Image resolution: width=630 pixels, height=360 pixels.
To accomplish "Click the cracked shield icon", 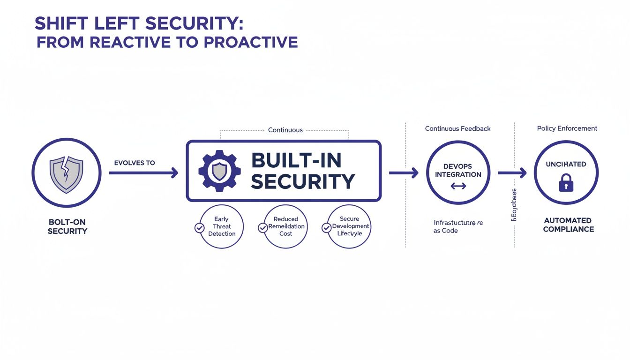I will pos(66,173).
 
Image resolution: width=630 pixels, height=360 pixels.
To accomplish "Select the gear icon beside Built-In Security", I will pos(219,171).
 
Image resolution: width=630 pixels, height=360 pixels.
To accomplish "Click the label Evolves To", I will pos(135,163).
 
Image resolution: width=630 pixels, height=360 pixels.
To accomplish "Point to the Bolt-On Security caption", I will pos(67,227).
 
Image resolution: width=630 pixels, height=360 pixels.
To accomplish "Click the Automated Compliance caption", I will pos(568,225).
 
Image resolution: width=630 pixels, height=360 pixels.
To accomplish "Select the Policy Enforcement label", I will pos(567,128).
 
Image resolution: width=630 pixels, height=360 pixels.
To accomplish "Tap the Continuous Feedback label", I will pos(457,128).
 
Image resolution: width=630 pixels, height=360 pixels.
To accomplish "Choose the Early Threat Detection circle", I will pos(222,226).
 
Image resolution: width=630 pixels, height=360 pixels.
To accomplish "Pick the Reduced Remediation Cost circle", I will pos(286,226).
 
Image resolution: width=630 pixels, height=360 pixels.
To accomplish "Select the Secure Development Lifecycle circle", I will pos(349,226).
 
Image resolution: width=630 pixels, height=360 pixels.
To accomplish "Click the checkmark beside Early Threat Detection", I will pos(199,228).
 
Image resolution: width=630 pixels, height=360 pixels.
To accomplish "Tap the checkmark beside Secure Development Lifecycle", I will pos(326,227).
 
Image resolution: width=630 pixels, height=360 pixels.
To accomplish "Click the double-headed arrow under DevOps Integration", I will pos(458,186).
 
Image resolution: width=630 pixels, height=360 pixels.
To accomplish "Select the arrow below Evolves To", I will pos(143,173).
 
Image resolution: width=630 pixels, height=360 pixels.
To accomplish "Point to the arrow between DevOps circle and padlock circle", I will pos(512,173).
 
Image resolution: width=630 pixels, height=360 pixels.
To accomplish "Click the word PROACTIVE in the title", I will pos(251,42).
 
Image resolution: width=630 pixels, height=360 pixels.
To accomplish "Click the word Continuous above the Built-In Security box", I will pos(285,130).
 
